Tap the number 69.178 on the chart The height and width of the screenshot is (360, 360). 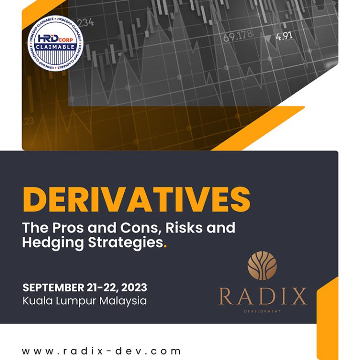pyautogui.click(x=238, y=36)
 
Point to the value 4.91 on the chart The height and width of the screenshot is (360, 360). pyautogui.click(x=285, y=36)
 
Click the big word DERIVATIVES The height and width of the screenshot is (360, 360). pyautogui.click(x=136, y=199)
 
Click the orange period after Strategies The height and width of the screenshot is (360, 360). pyautogui.click(x=165, y=246)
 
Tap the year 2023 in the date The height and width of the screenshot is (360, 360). pyautogui.click(x=133, y=287)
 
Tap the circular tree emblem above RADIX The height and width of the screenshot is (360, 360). pyautogui.click(x=262, y=265)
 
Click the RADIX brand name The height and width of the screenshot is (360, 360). pyautogui.click(x=262, y=296)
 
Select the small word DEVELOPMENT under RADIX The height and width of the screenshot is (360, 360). pyautogui.click(x=262, y=311)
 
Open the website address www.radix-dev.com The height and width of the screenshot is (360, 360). pyautogui.click(x=101, y=351)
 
